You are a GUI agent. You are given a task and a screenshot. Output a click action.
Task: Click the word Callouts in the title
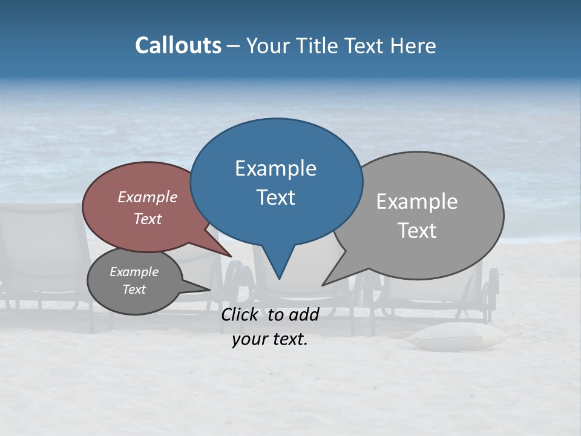[178, 45]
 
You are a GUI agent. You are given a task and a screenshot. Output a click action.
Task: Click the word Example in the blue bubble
[275, 168]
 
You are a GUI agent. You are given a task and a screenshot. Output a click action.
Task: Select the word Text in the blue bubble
[276, 197]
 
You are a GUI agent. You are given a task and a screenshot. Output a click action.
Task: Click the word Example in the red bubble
[148, 197]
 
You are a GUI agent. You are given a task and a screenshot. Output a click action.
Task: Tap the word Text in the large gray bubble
[417, 231]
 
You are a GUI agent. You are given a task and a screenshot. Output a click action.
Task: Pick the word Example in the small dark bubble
[134, 272]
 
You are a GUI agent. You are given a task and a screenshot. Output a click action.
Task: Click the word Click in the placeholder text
[241, 314]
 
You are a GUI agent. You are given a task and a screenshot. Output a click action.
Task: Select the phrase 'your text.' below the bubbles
[270, 339]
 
